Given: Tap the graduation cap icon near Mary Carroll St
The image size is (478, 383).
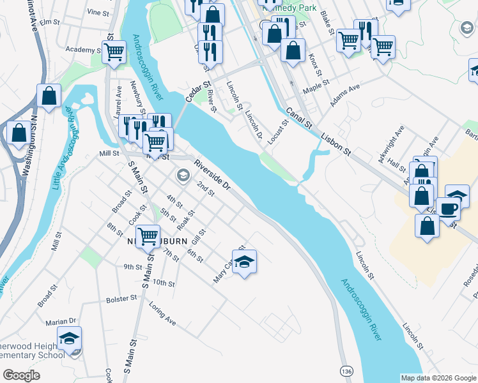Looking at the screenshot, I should pos(244,261).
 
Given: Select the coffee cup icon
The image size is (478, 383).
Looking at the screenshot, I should pos(449,208).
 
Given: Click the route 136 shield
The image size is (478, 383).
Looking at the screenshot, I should pos(346,371).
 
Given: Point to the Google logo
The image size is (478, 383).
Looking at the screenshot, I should pos(21,375).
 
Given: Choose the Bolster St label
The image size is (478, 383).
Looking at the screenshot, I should pos(122,298).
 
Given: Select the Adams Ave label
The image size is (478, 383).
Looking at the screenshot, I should pos(346,94).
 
